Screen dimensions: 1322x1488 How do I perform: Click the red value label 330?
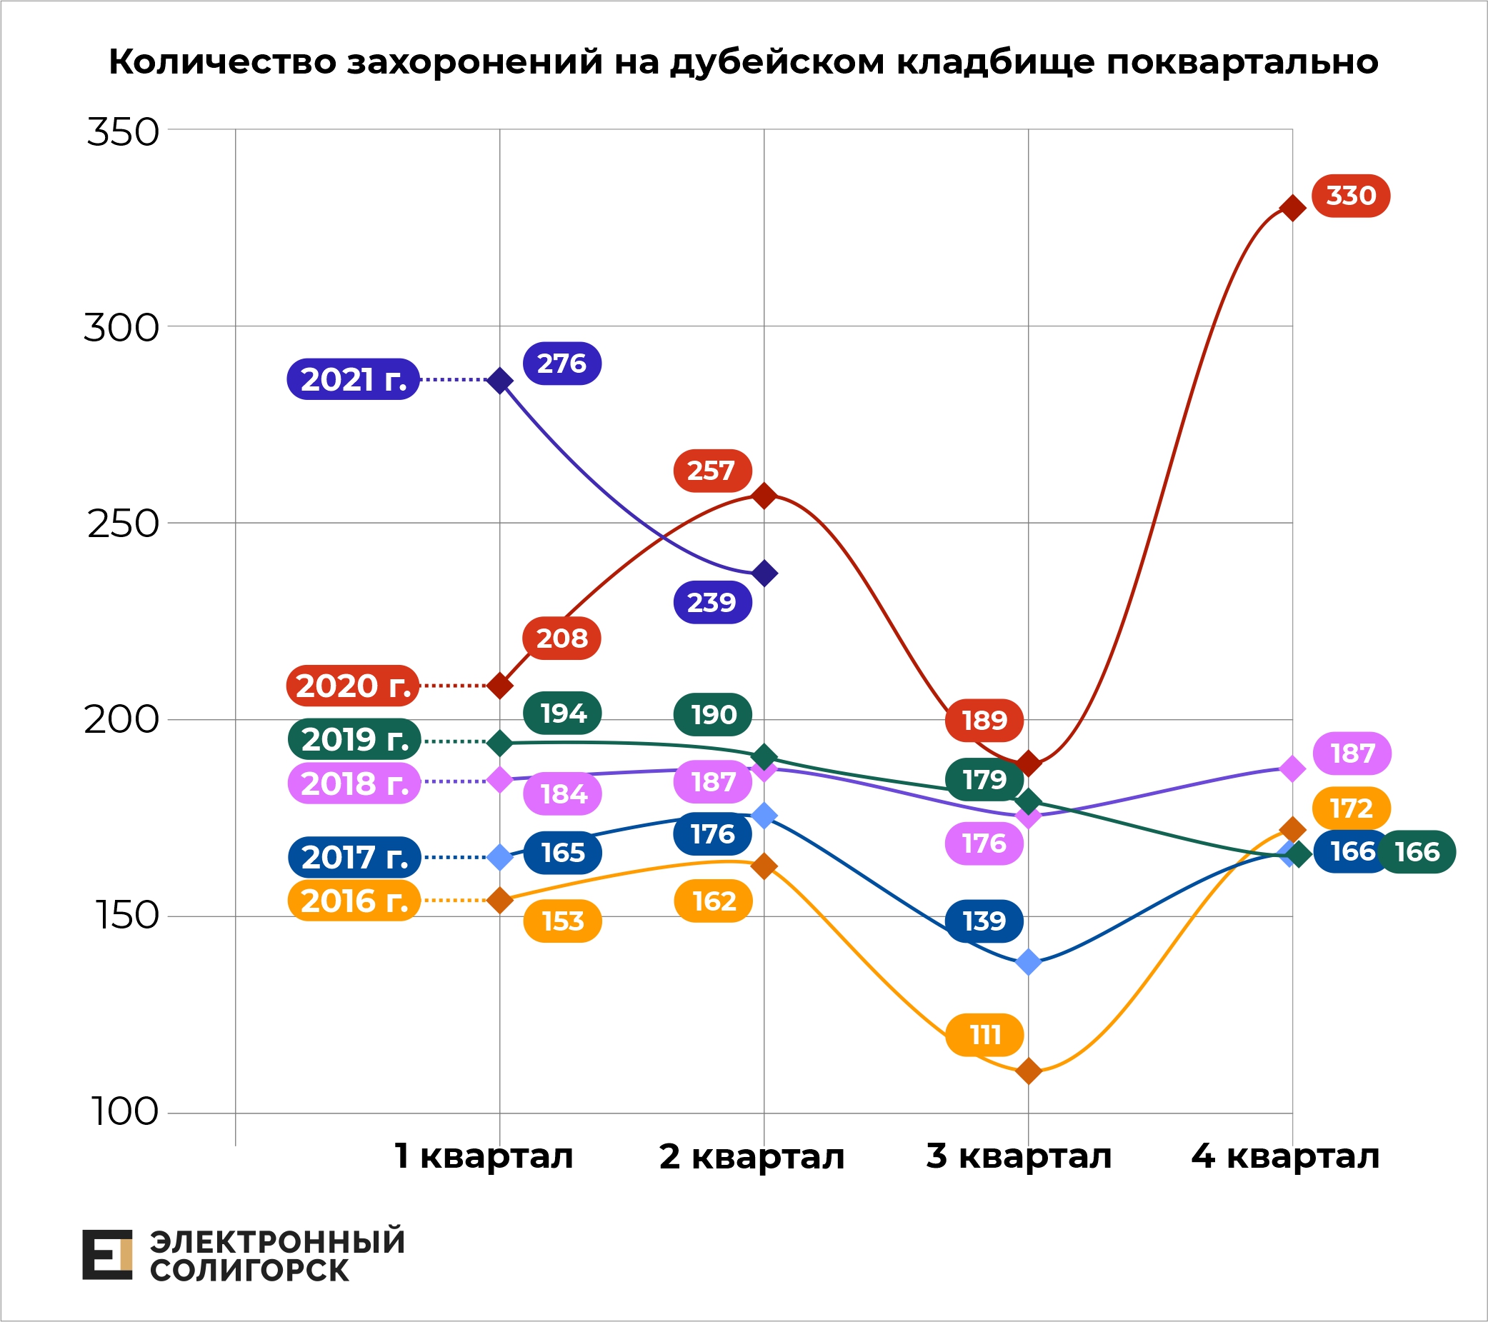pos(1350,196)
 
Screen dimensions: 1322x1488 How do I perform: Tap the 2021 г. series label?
pos(353,379)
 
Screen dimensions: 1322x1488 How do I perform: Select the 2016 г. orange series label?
pos(354,901)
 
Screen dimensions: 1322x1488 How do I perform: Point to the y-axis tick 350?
pos(122,133)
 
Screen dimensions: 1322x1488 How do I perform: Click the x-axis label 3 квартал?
pos(1019,1156)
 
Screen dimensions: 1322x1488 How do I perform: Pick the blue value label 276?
pos(562,364)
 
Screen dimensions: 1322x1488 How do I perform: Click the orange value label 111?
pos(984,1034)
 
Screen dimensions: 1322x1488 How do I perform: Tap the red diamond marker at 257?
pos(764,496)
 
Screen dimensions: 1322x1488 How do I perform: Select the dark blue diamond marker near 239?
pos(764,574)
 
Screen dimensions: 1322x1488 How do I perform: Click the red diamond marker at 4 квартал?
pos(1292,209)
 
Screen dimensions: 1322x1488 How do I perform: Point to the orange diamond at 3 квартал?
pos(1028,1071)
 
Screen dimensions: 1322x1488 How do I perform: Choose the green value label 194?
pos(562,713)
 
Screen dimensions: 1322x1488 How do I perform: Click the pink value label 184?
pos(562,793)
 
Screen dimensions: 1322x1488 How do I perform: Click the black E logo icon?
pos(107,1254)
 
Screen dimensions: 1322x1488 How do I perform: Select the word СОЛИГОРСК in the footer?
pos(249,1271)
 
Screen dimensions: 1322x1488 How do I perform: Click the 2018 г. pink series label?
pos(354,783)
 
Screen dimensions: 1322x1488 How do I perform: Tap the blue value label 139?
pos(984,921)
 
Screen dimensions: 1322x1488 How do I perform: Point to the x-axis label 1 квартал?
pos(484,1156)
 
